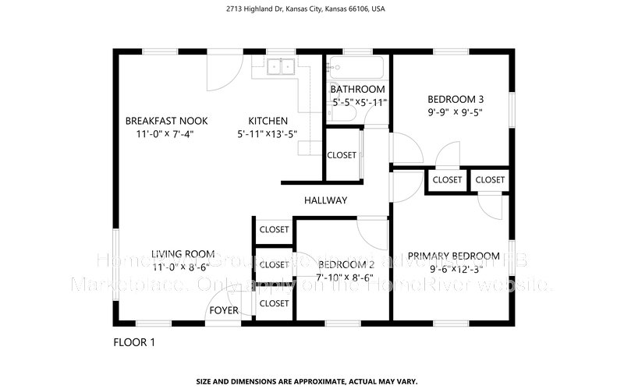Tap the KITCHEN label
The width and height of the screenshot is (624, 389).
(x=268, y=121)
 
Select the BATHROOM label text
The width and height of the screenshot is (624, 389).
(x=358, y=90)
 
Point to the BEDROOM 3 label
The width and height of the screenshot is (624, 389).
(x=456, y=99)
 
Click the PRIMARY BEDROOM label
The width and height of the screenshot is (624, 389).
(x=453, y=256)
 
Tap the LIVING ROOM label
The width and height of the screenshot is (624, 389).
(x=183, y=254)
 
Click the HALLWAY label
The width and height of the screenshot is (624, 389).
(x=325, y=200)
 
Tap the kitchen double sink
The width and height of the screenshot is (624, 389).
(x=280, y=67)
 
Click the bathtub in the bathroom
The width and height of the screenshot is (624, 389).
(x=356, y=66)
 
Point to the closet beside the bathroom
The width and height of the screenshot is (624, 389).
(x=342, y=155)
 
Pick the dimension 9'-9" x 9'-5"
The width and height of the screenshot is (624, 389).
(x=456, y=112)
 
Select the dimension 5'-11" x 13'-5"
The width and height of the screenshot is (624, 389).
(x=268, y=134)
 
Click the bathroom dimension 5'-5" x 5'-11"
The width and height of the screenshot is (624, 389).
(x=360, y=102)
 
